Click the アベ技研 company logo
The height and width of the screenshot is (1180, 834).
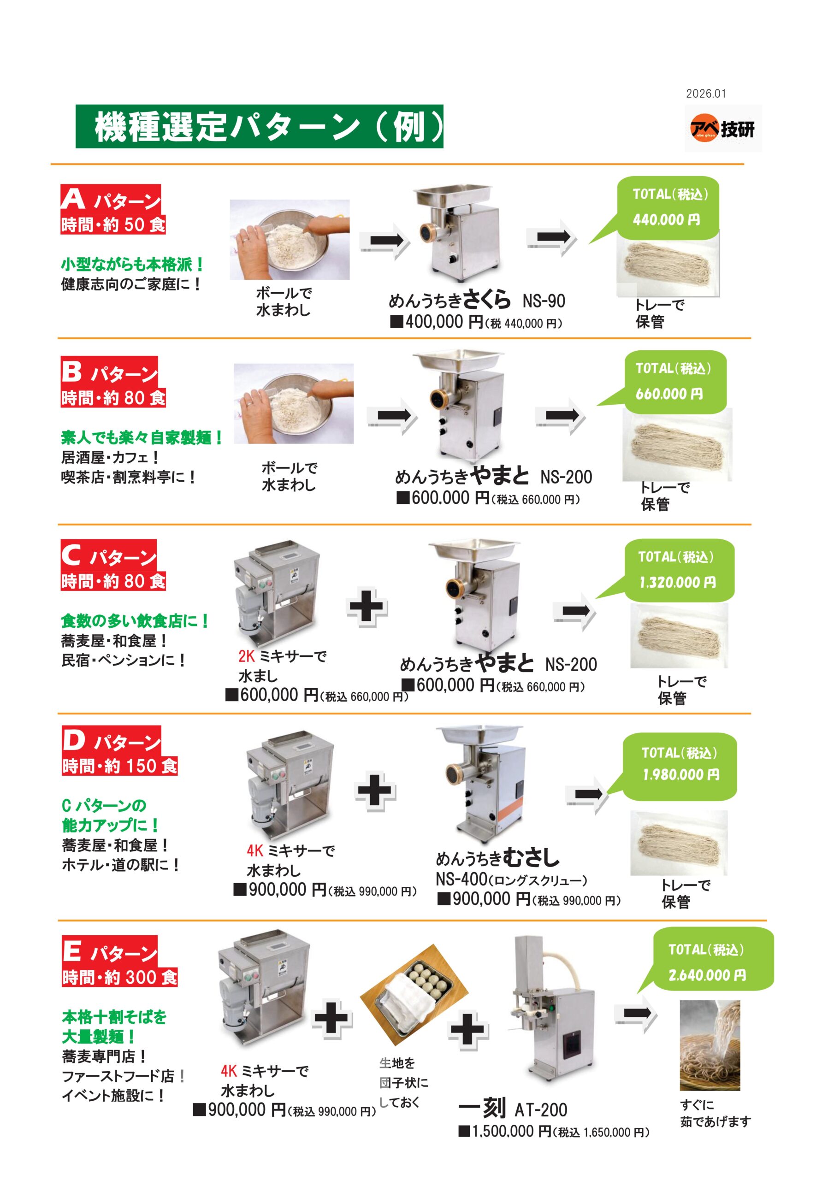(x=722, y=129)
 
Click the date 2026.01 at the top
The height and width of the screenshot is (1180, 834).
(x=706, y=94)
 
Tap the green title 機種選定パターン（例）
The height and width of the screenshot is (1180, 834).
(x=259, y=126)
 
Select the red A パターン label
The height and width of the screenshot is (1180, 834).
(x=111, y=198)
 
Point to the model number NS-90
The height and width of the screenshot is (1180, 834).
(x=544, y=301)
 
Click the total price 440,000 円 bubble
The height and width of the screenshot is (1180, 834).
(x=666, y=219)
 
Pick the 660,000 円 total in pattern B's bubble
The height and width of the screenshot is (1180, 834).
(x=669, y=394)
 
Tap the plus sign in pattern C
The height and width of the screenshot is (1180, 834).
(x=367, y=607)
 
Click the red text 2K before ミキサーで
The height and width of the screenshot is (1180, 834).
(x=246, y=656)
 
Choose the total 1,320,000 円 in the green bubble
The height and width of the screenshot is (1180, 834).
(x=677, y=582)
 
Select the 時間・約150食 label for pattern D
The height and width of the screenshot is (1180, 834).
(x=120, y=766)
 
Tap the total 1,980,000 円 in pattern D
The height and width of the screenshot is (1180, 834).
(x=681, y=774)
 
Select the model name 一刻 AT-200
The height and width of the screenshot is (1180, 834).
(x=513, y=1109)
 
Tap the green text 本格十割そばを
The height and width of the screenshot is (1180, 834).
(x=114, y=1016)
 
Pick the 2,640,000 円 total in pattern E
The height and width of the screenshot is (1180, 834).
(x=707, y=974)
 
